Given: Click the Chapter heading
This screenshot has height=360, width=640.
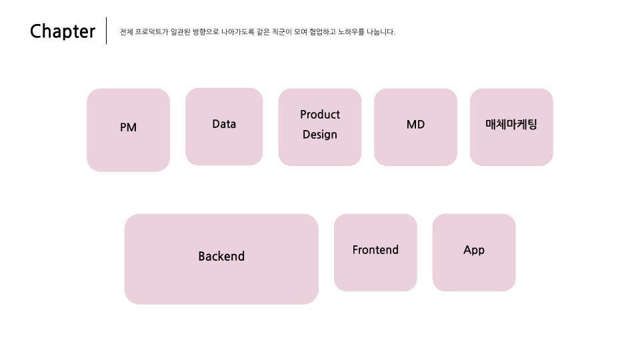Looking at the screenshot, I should [x=63, y=31].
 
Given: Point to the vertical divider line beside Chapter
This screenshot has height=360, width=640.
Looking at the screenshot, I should [x=107, y=31].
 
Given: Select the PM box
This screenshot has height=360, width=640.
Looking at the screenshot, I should [x=128, y=130].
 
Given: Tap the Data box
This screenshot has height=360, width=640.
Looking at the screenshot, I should [x=224, y=127].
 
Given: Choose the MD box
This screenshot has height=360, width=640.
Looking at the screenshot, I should [x=415, y=127].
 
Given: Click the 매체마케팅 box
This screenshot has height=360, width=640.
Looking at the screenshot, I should [x=511, y=127].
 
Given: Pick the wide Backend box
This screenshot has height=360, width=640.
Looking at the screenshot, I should [x=221, y=259].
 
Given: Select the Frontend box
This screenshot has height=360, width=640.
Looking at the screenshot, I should [x=375, y=252].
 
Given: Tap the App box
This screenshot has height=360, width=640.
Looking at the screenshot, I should [x=474, y=252].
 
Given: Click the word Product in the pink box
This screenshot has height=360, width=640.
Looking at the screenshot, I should [x=320, y=115].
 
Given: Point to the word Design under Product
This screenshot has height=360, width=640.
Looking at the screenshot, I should [x=320, y=135].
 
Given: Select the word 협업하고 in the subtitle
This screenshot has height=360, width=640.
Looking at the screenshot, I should [x=323, y=32].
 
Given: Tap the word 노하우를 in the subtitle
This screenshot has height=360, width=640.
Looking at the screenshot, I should [x=352, y=32].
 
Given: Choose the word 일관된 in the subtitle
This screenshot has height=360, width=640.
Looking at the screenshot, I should [x=180, y=32].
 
